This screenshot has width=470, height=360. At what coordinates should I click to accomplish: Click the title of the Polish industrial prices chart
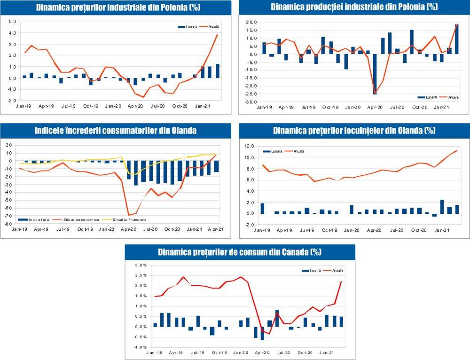[x=116, y=7]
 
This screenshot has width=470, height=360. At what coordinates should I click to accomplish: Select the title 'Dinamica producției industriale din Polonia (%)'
[x=354, y=7]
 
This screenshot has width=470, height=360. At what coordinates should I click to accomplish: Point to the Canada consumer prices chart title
[x=240, y=252]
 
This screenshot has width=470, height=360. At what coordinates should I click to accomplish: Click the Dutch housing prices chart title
[x=354, y=131]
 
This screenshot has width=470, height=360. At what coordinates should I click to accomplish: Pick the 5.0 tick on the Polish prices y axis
[x=12, y=22]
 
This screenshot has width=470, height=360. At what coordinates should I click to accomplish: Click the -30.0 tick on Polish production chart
[x=250, y=102]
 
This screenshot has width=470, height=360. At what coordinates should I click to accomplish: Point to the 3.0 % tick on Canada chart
[x=141, y=265]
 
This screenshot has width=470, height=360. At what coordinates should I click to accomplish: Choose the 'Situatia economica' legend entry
[x=78, y=219]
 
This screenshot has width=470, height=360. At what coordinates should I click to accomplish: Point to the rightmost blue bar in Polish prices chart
[x=218, y=71]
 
